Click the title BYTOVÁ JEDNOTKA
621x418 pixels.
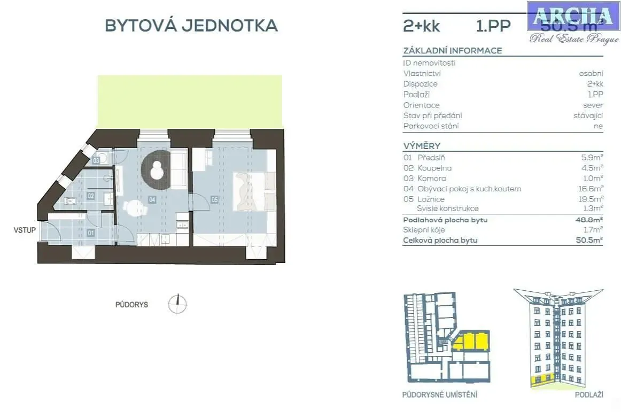tap(191, 26)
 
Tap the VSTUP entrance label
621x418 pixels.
tap(25, 230)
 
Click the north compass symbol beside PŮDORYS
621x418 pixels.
tap(177, 304)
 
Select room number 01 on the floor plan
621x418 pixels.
tap(90, 233)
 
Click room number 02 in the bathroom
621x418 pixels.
tap(91, 196)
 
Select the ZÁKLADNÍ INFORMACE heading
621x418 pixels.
tap(453, 51)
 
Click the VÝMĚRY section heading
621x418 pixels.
tap(422, 146)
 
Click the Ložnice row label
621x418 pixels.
tap(431, 199)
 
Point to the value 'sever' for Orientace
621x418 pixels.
tap(593, 105)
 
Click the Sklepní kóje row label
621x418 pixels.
tap(425, 230)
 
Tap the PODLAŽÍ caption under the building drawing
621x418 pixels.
tap(589, 394)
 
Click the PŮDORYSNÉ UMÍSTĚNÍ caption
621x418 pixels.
tap(439, 394)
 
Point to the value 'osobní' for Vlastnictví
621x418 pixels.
tap(591, 73)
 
